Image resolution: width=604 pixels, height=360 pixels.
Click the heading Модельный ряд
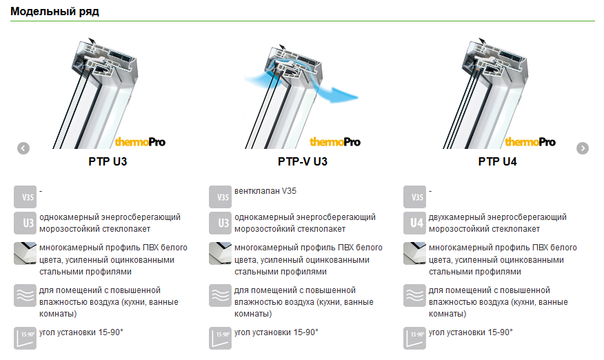pyautogui.click(x=54, y=12)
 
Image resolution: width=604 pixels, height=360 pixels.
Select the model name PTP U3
pyautogui.click(x=108, y=161)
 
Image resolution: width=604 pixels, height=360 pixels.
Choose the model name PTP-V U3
pyautogui.click(x=303, y=161)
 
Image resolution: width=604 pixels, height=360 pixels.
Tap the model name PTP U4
pyautogui.click(x=497, y=161)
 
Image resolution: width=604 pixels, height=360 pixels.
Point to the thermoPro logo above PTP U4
pyautogui.click(x=530, y=142)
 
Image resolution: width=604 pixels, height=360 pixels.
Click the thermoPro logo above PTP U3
pyautogui.click(x=140, y=142)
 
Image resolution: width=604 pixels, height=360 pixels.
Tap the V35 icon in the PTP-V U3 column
pyautogui.click(x=221, y=197)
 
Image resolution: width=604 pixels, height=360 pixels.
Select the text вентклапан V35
pyautogui.click(x=265, y=191)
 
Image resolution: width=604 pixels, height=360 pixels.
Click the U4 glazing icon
pyautogui.click(x=415, y=223)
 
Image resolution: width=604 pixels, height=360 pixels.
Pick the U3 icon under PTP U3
pyautogui.click(x=25, y=223)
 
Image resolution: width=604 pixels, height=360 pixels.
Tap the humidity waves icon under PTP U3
pyautogui.click(x=25, y=296)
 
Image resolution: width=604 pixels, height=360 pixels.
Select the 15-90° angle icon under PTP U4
pyautogui.click(x=415, y=339)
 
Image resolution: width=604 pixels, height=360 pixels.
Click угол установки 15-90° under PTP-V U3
pyautogui.click(x=276, y=332)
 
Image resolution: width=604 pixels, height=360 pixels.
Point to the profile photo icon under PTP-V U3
pyautogui.click(x=221, y=253)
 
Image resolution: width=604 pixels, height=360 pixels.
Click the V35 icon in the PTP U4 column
pyautogui.click(x=415, y=197)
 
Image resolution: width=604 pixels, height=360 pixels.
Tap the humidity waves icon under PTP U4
pyautogui.click(x=415, y=296)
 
